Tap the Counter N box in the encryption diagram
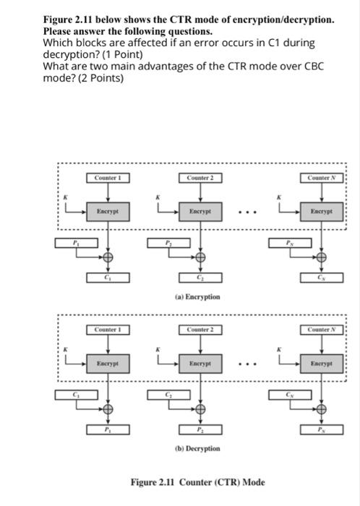323,178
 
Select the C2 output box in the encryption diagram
202,279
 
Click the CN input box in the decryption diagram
291,395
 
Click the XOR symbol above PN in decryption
323,408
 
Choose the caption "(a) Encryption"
197,296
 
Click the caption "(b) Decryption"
197,448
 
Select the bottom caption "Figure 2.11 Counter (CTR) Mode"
197,482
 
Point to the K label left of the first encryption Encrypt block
65,196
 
